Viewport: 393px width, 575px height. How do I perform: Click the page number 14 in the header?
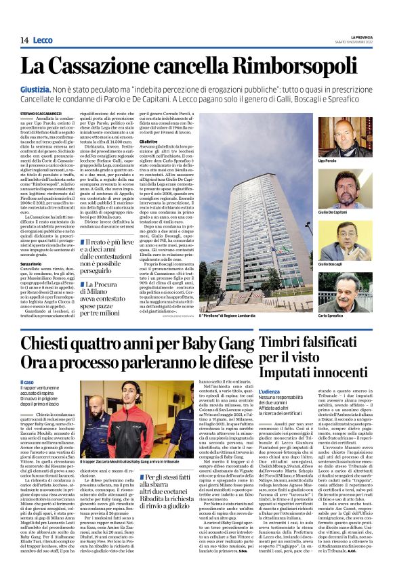(x=24, y=41)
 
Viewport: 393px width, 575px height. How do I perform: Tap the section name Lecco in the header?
(x=42, y=41)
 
